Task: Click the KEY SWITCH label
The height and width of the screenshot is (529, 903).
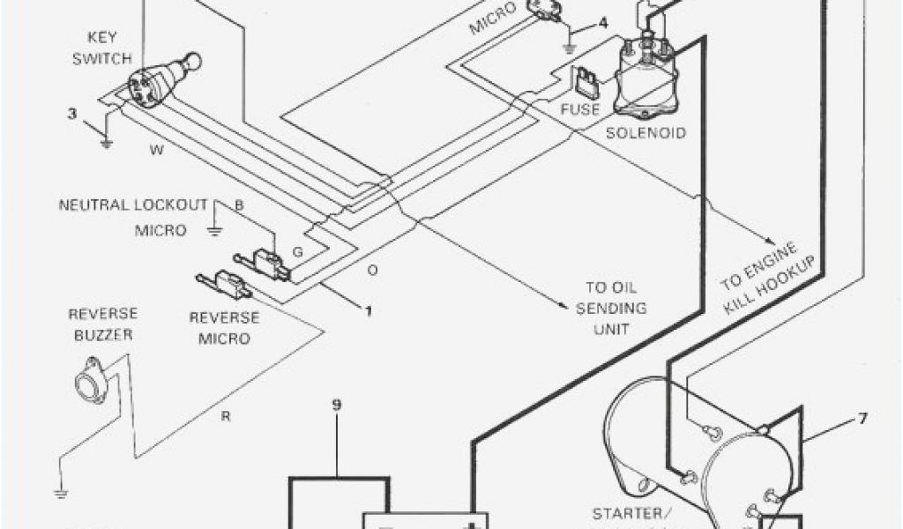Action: [x=108, y=48]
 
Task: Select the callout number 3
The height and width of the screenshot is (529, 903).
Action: [x=72, y=113]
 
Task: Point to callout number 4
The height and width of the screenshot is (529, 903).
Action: [x=601, y=23]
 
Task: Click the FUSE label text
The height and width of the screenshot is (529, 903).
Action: [x=580, y=110]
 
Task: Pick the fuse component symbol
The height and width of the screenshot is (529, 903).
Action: [x=586, y=85]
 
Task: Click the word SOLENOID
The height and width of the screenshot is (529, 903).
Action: [x=646, y=133]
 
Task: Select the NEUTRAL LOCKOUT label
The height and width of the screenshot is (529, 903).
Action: [x=133, y=205]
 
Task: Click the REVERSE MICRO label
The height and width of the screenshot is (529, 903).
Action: [x=225, y=327]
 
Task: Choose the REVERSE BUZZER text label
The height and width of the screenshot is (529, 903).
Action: [x=103, y=324]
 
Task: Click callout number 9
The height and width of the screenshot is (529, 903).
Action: [x=337, y=406]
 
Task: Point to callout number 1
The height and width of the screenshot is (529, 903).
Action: [x=368, y=311]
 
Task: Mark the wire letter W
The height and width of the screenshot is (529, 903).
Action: [x=156, y=150]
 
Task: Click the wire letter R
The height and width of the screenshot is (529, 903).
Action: [x=226, y=416]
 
